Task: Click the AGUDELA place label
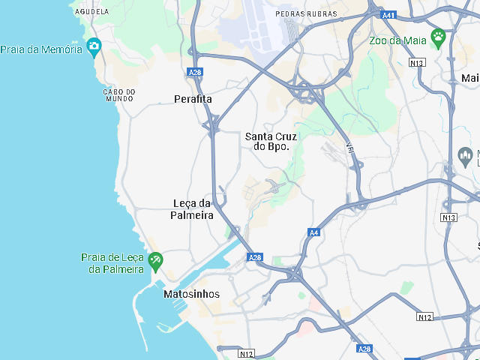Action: click(x=92, y=12)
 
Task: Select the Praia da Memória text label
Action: click(x=41, y=49)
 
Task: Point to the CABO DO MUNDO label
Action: click(x=119, y=95)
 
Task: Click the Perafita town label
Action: click(x=193, y=99)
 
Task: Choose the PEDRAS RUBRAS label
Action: click(x=307, y=14)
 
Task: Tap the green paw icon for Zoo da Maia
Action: click(x=439, y=36)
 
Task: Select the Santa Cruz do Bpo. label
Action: click(x=271, y=142)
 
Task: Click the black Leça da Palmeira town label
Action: click(x=193, y=209)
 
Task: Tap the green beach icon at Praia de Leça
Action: click(x=155, y=261)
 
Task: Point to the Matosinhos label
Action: click(x=192, y=295)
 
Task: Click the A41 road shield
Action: click(x=388, y=15)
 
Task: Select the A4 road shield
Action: click(x=314, y=233)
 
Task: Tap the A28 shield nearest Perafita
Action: click(x=195, y=72)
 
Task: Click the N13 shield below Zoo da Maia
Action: click(x=418, y=64)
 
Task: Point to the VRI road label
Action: click(x=350, y=148)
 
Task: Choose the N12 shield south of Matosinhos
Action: click(x=247, y=353)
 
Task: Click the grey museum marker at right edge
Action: click(x=464, y=157)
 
